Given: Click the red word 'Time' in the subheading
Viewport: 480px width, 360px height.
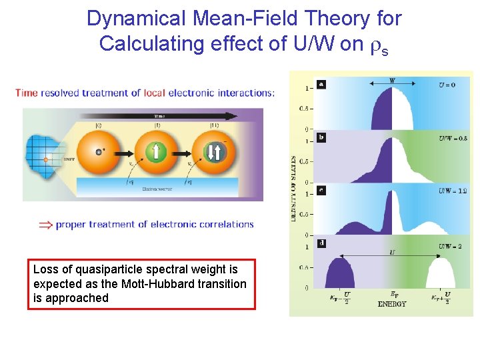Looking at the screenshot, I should coord(27,93).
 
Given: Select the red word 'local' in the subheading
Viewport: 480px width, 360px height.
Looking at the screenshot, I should coord(181,93).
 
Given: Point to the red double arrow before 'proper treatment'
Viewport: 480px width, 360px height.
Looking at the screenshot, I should coord(44,225).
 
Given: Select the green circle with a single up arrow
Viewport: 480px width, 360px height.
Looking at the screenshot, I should coord(156,151).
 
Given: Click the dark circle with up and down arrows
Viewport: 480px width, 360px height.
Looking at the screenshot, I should coord(214,152).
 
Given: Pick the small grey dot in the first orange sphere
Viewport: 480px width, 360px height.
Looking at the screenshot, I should coord(99,151).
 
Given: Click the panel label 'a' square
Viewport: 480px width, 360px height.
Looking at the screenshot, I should coord(321,85).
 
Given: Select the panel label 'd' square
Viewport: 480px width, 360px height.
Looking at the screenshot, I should coord(321,243).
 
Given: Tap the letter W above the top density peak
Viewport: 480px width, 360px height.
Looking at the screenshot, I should coord(392,81).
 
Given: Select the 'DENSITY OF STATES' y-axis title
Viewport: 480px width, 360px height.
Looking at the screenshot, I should coord(294,189).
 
